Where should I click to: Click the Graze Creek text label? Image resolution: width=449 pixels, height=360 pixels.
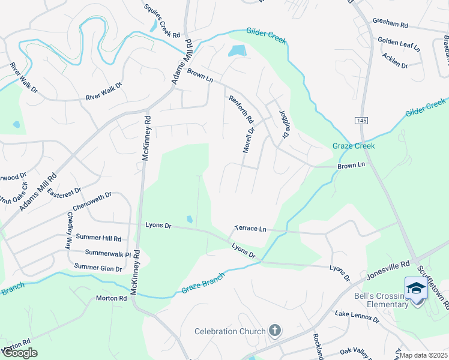pyautogui.click(x=354, y=146)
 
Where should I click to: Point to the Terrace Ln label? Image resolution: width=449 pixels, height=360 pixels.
pyautogui.click(x=250, y=229)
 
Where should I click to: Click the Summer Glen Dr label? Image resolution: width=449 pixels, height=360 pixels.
pyautogui.click(x=98, y=268)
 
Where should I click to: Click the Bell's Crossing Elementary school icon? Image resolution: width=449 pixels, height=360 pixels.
pyautogui.click(x=416, y=288)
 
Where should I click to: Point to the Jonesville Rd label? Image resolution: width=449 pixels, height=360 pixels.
pyautogui.click(x=388, y=271)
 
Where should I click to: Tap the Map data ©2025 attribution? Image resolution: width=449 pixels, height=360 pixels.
pyautogui.click(x=424, y=355)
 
